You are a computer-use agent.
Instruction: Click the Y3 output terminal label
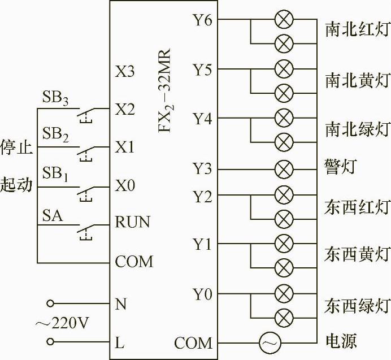click(202, 169)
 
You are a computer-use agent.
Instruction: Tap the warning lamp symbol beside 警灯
click(284, 169)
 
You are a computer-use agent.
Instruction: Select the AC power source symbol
click(268, 342)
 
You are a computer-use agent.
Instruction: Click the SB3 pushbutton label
click(55, 98)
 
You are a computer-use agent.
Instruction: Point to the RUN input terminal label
click(133, 222)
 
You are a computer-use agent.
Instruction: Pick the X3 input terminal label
click(125, 72)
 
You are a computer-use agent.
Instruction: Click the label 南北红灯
click(357, 30)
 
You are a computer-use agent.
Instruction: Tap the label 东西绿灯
click(357, 306)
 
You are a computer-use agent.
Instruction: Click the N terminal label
click(120, 304)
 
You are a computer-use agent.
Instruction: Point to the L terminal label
click(120, 342)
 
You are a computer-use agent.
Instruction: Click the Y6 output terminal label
click(202, 21)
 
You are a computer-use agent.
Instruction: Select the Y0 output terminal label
click(202, 294)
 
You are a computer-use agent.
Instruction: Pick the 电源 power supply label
click(341, 342)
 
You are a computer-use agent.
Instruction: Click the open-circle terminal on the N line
click(51, 303)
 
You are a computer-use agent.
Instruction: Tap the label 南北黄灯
click(357, 80)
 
